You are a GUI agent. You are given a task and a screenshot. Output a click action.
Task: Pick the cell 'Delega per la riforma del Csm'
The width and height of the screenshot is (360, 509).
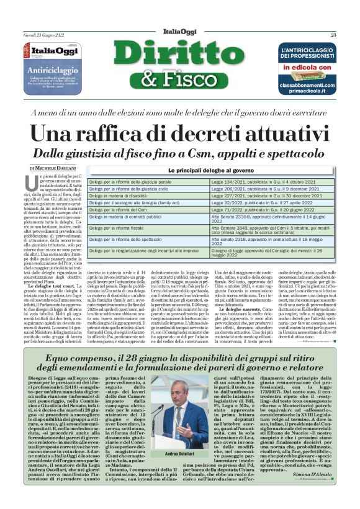(124, 210)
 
